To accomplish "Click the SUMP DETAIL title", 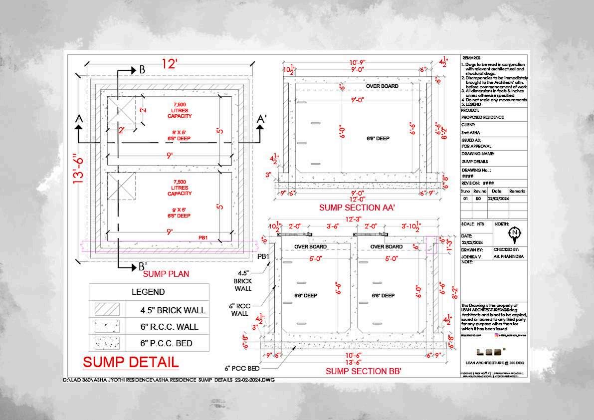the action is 130,362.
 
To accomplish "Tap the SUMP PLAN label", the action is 166,274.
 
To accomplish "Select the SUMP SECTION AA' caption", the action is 357,208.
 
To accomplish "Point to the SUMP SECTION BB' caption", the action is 363,371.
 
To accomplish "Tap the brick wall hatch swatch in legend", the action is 107,309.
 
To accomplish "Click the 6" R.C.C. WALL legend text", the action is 170,327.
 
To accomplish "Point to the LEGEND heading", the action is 148,292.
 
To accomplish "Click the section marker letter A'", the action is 261,120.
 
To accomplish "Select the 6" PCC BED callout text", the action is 242,369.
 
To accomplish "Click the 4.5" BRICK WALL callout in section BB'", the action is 243,280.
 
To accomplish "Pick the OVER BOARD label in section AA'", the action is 382,86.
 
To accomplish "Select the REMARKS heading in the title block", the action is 473,58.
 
